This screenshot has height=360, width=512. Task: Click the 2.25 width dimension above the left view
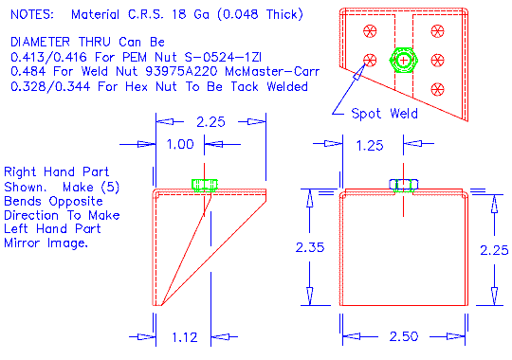coord(210,121)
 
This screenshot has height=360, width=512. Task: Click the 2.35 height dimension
coord(310,248)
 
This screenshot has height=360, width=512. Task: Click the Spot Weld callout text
coord(384,114)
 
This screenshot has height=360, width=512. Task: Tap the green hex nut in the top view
coord(405,60)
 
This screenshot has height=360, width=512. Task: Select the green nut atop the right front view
coord(404,185)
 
